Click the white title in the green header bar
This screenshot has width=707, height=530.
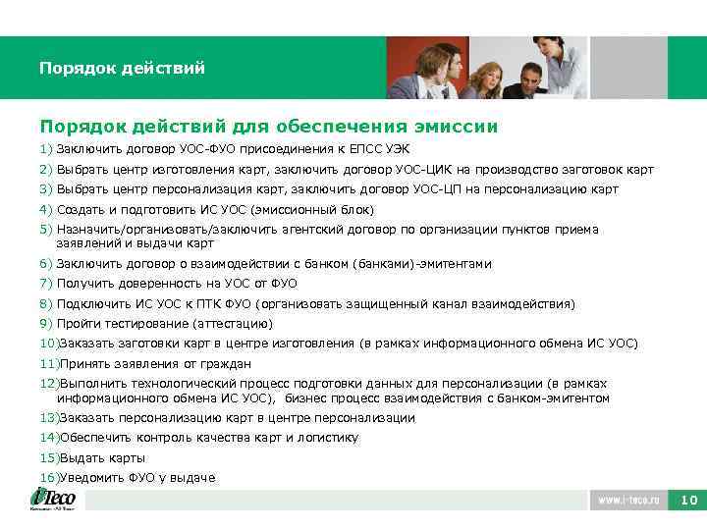pos(122,69)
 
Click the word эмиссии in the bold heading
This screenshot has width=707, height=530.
pos(454,127)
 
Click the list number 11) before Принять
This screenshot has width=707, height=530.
pos(49,363)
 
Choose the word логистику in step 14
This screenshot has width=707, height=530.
pos(326,438)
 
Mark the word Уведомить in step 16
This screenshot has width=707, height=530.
pos(91,477)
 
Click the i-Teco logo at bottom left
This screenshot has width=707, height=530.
pos(53,499)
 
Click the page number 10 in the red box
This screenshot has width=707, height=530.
pos(688,501)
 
